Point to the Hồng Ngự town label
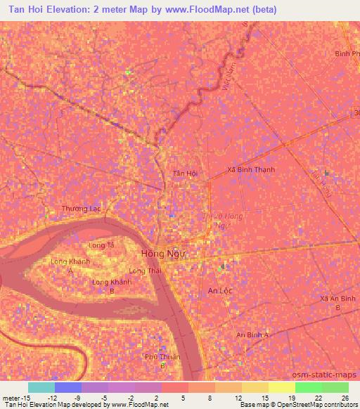click(160, 254)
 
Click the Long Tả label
click(101, 245)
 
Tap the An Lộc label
click(219, 290)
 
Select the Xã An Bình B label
click(337, 303)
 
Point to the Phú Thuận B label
click(162, 361)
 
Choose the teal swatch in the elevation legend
click(41, 387)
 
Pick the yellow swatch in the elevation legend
click(283, 387)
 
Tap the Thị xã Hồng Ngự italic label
click(223, 221)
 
